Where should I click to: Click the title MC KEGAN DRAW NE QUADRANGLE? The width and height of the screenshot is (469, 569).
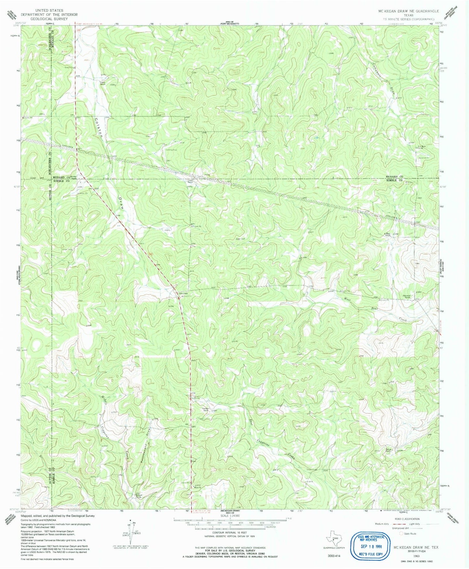pyautogui.click(x=408, y=11)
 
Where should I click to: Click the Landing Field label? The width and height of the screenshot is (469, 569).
pyautogui.click(x=171, y=150)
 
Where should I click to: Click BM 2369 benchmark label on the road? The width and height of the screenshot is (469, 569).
pyautogui.click(x=183, y=293)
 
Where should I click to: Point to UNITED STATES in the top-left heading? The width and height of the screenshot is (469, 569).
pyautogui.click(x=49, y=11)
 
